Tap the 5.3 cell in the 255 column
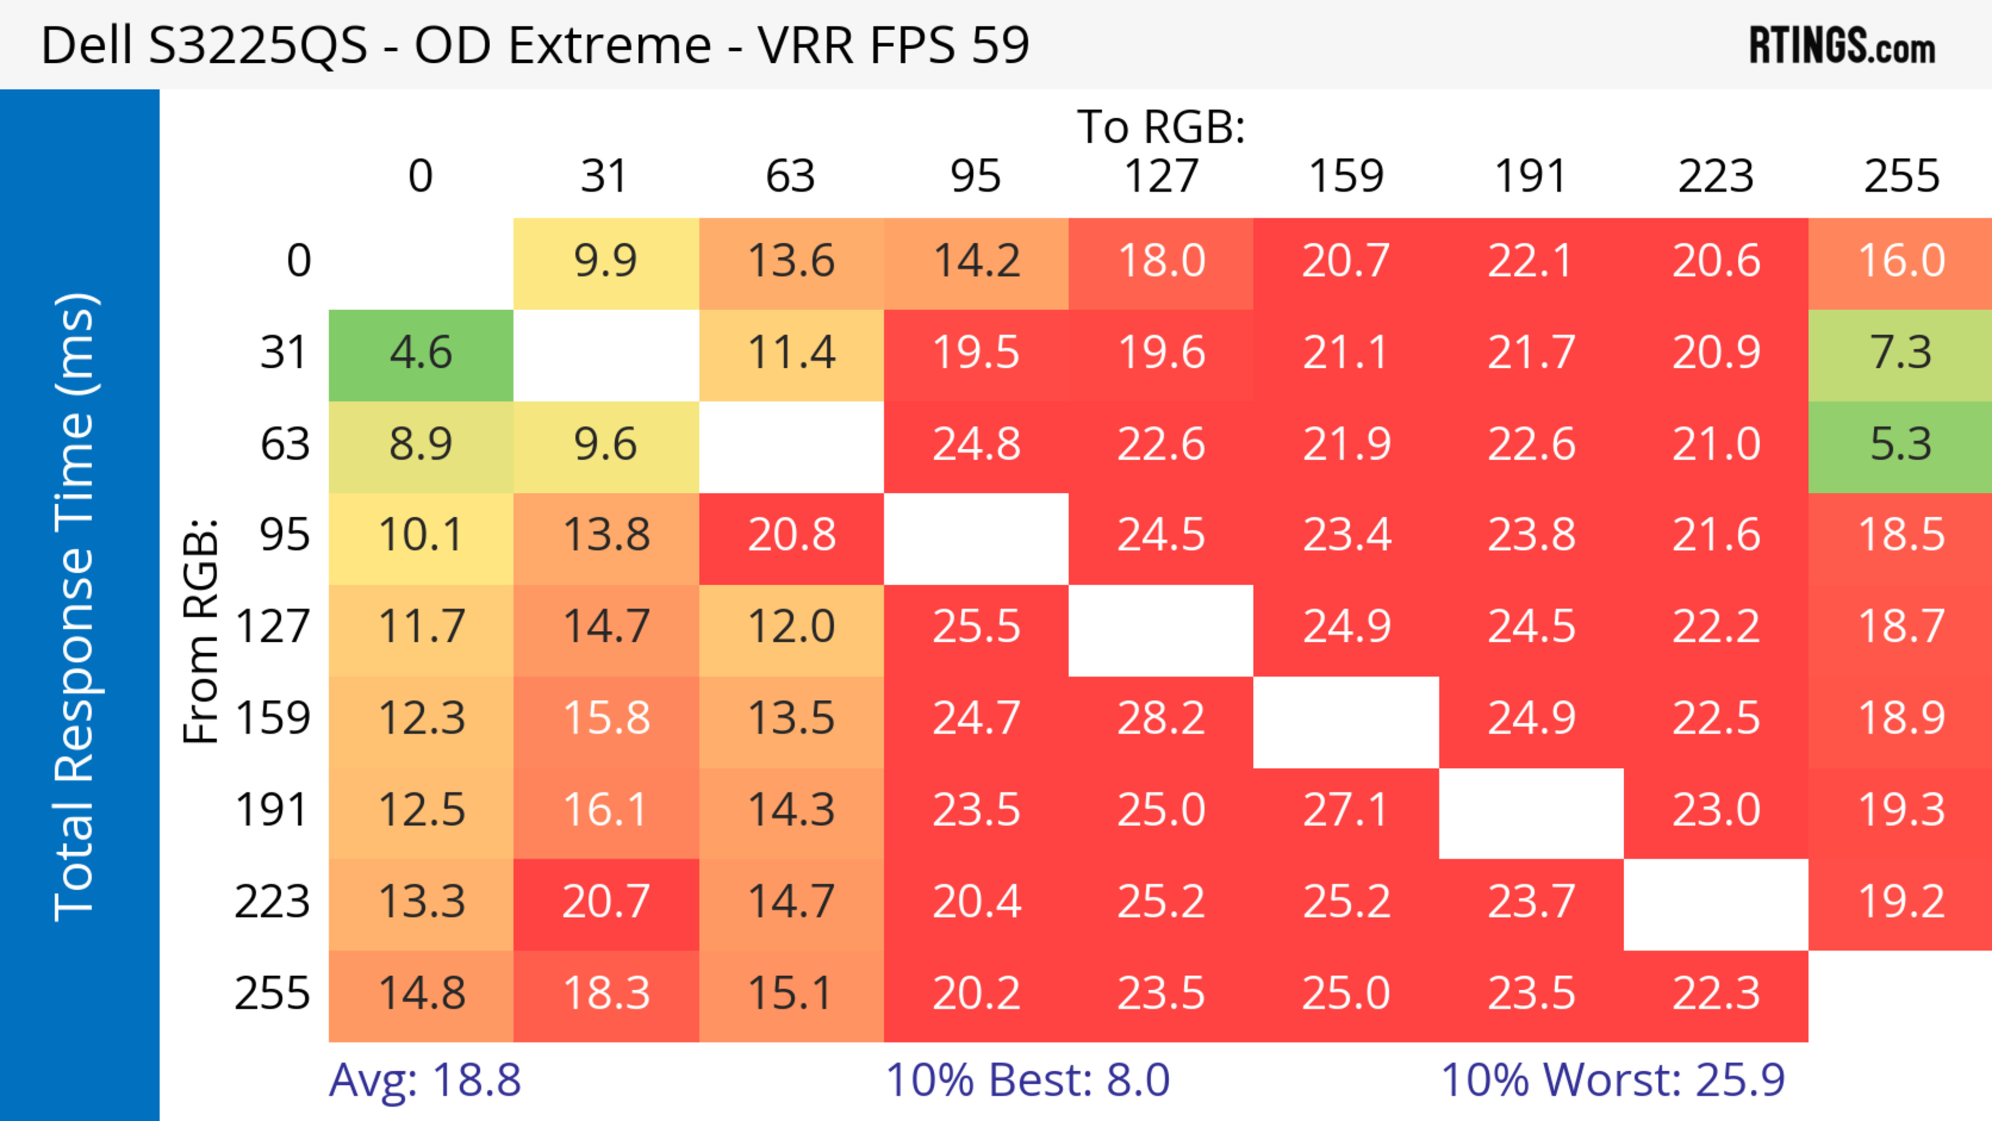pos(1901,445)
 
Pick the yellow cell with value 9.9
pos(605,262)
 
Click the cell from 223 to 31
pos(605,902)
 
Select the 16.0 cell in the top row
pos(1901,262)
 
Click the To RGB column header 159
pos(1346,176)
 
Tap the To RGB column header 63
pos(790,176)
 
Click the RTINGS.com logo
pos(1842,46)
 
